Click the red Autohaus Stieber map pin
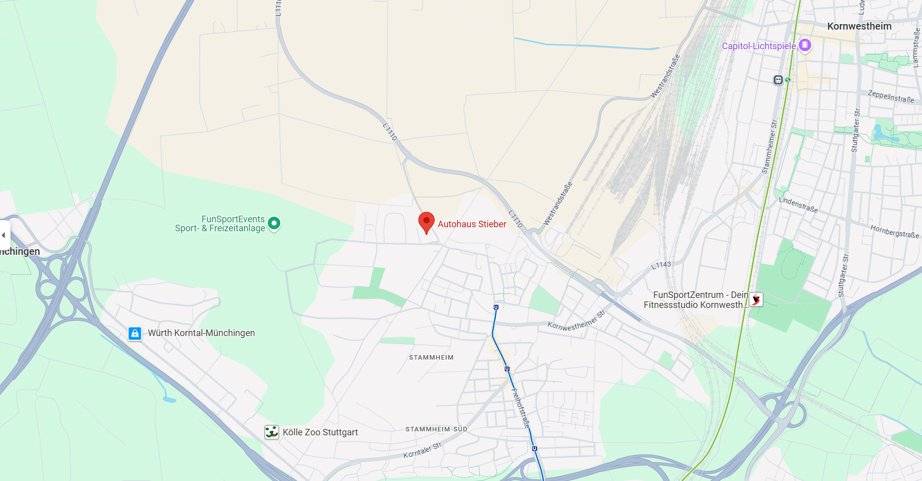[x=426, y=222]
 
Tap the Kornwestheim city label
[x=859, y=26]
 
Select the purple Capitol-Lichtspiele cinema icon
[x=805, y=45]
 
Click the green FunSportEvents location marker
[x=274, y=223]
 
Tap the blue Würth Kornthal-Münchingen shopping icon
[x=135, y=333]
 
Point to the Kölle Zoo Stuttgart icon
[x=272, y=432]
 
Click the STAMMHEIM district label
[x=431, y=358]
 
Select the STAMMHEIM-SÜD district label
[x=436, y=429]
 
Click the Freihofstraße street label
[x=520, y=407]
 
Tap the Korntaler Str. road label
[x=423, y=450]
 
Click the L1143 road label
[x=661, y=265]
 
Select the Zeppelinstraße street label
[x=891, y=96]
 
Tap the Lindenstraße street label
[x=798, y=205]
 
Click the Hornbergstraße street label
[x=894, y=231]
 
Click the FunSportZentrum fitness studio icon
[x=756, y=299]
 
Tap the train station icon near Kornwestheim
[x=778, y=80]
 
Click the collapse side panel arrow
[x=4, y=235]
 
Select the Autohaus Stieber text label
[x=472, y=224]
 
